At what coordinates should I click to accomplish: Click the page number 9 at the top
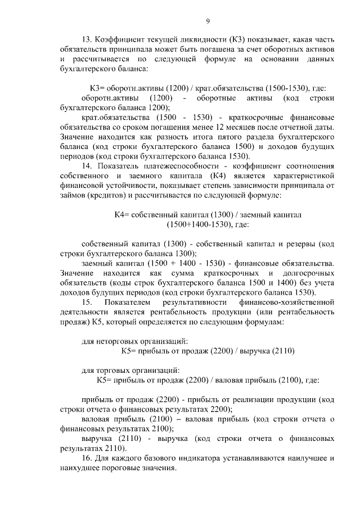pyautogui.click(x=208, y=21)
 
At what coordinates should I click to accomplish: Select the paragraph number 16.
pyautogui.click(x=87, y=458)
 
